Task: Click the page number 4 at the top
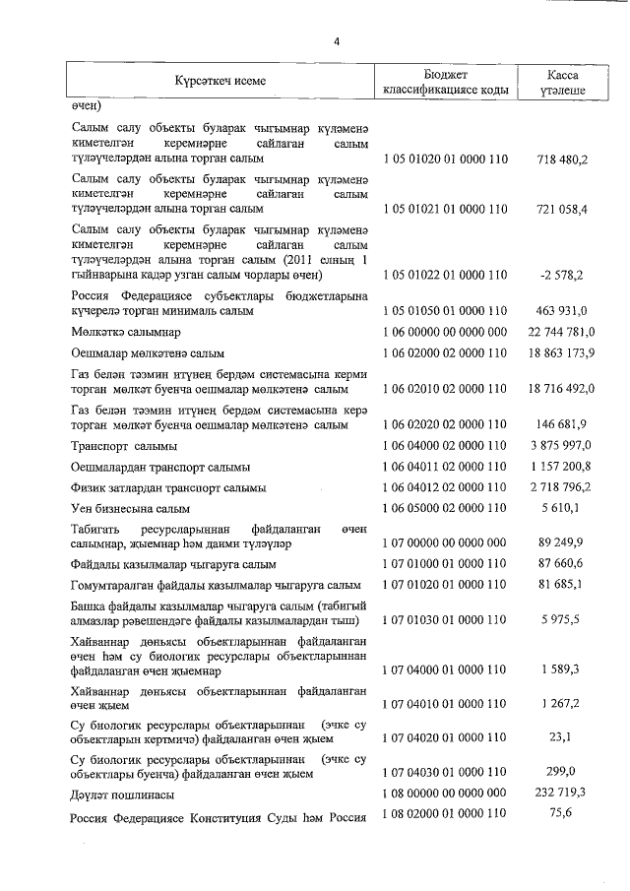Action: coord(336,41)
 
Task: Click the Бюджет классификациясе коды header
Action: coord(446,82)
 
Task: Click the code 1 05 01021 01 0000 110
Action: coord(445,209)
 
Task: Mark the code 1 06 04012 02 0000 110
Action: coord(445,487)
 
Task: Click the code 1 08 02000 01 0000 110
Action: coord(445,813)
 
